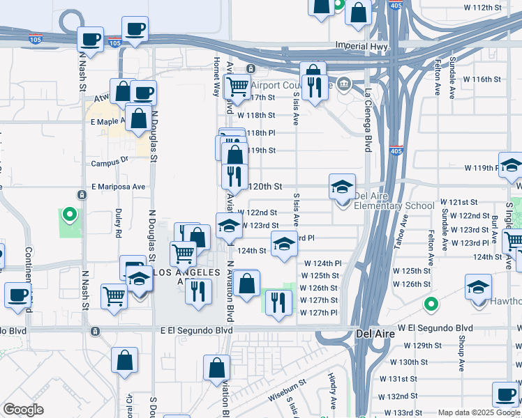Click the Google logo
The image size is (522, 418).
(x=23, y=410)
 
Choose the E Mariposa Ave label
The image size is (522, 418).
(x=118, y=187)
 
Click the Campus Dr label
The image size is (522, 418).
(x=110, y=163)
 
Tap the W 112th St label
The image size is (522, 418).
(x=483, y=7)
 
